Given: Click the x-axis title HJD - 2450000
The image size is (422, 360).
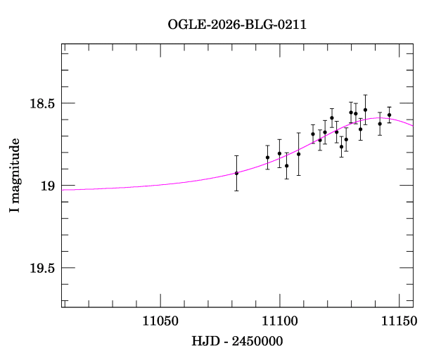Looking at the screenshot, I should [238, 341].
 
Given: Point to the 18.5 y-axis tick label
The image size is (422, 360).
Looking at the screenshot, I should [41, 103].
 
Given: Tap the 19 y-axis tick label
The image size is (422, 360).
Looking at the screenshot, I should [48, 186].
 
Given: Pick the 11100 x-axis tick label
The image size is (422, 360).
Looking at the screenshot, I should [280, 321].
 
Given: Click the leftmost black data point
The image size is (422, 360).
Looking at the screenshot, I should [236, 173].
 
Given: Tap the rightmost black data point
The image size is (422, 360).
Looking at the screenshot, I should [389, 115].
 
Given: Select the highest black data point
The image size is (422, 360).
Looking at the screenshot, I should [365, 110].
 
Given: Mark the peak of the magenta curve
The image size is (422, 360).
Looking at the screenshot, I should [380, 118].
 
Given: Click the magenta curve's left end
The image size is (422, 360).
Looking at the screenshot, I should [63, 190].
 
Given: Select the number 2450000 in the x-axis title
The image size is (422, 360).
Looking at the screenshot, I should [257, 341].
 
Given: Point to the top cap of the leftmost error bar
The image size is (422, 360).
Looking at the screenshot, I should [236, 155].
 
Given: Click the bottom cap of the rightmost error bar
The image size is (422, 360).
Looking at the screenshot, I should [389, 123].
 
